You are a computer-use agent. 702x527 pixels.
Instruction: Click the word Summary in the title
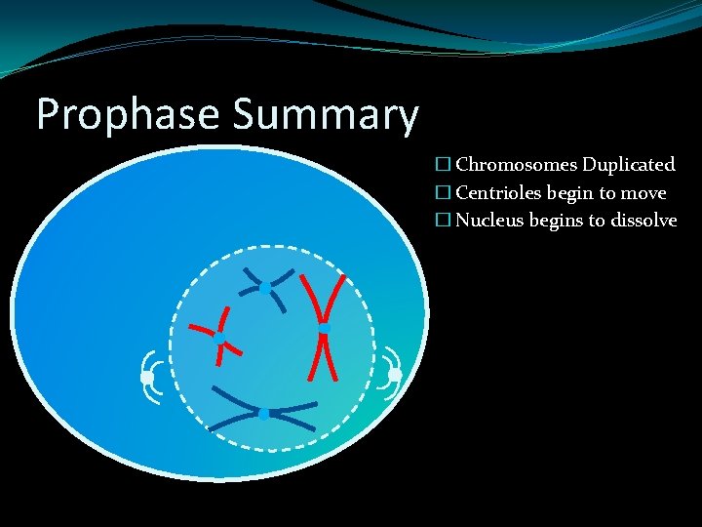tap(326, 115)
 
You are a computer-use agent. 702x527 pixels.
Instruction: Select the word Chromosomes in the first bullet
tap(517, 165)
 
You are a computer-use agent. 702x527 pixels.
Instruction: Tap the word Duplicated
tap(629, 165)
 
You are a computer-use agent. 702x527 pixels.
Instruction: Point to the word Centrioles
tap(497, 193)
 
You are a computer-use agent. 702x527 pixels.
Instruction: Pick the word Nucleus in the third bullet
tap(488, 221)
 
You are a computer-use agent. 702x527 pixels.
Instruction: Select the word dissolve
tap(643, 221)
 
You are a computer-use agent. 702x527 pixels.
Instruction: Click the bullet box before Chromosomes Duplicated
tap(444, 165)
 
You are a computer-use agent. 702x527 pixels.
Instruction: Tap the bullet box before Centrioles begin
tap(444, 193)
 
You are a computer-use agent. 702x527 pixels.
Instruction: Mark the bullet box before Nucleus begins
tap(444, 221)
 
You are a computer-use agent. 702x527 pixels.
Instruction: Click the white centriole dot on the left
tap(146, 378)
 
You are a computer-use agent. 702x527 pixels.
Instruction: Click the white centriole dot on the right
tap(394, 375)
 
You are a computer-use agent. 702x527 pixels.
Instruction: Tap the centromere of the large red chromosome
tap(325, 329)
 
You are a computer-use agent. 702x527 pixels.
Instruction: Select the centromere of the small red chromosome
tap(220, 338)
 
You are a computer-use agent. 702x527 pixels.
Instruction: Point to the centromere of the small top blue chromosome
tap(264, 288)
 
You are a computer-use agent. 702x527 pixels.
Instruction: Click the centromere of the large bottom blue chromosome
tap(264, 414)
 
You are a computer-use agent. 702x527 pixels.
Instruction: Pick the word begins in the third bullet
tap(557, 221)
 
